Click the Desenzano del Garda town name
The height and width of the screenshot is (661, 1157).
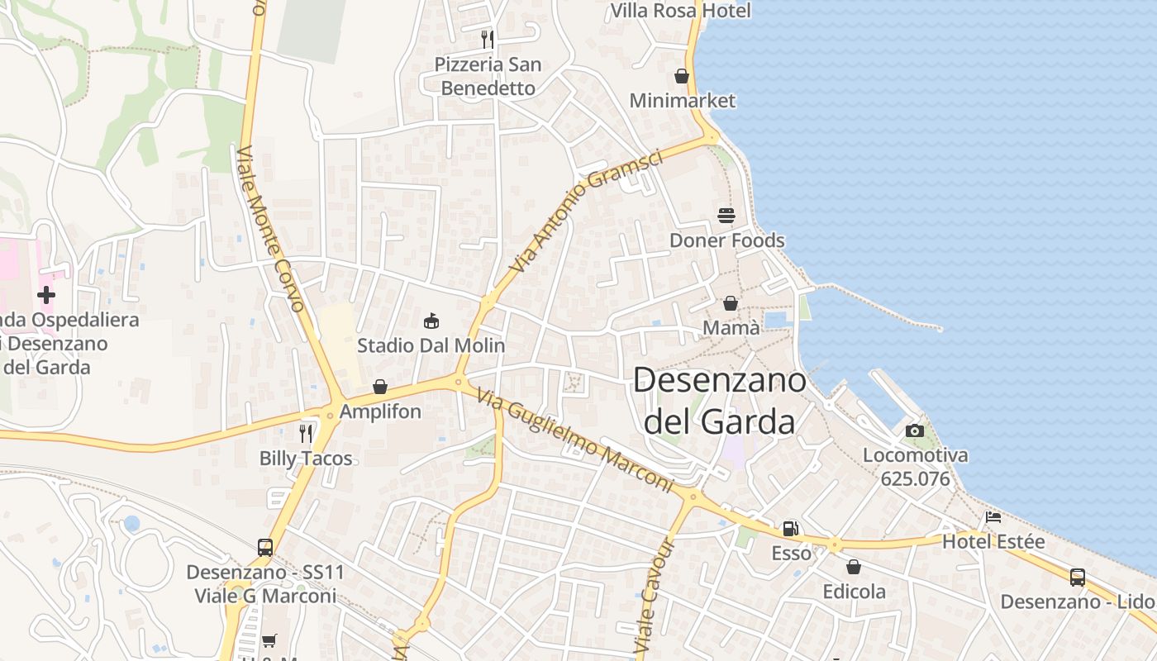pyautogui.click(x=719, y=401)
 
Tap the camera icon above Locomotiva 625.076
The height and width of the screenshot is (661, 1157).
pyautogui.click(x=915, y=430)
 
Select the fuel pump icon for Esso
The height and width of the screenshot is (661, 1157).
pyautogui.click(x=791, y=528)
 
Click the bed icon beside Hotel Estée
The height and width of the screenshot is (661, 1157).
pyautogui.click(x=993, y=517)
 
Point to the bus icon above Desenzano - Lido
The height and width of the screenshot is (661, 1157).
pyautogui.click(x=1078, y=578)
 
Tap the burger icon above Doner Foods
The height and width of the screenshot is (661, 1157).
pyautogui.click(x=726, y=216)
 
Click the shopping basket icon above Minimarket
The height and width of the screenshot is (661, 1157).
pyautogui.click(x=682, y=76)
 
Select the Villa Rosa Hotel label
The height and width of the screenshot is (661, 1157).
pyautogui.click(x=680, y=11)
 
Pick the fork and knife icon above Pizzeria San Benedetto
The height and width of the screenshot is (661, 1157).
pyautogui.click(x=488, y=39)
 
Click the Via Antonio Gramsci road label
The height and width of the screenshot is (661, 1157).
pyautogui.click(x=586, y=212)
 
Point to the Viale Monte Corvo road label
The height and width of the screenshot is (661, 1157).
pyautogui.click(x=270, y=229)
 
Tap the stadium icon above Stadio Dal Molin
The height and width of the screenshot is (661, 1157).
pyautogui.click(x=431, y=320)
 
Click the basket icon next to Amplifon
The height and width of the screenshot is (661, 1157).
pyautogui.click(x=380, y=387)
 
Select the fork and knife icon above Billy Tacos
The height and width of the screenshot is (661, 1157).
pyautogui.click(x=306, y=433)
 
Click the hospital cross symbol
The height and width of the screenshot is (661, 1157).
pyautogui.click(x=46, y=294)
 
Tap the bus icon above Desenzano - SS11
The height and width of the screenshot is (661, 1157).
pyautogui.click(x=265, y=547)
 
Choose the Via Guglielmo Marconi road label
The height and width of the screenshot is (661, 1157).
pyautogui.click(x=575, y=441)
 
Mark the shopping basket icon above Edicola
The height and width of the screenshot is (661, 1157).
pyautogui.click(x=854, y=567)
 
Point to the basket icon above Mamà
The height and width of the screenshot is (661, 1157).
pyautogui.click(x=731, y=303)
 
